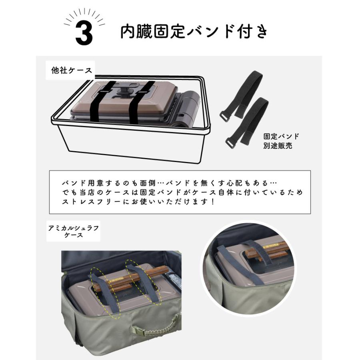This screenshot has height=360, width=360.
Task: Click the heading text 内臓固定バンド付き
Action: (x=194, y=32)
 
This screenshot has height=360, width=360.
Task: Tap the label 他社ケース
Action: (x=72, y=70)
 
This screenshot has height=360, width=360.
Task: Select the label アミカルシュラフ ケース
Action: (x=74, y=231)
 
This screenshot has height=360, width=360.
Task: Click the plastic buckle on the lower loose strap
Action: (x=231, y=143)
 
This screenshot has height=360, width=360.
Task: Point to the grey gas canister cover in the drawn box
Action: (x=188, y=108)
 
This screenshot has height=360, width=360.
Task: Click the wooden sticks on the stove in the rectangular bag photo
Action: (x=131, y=278)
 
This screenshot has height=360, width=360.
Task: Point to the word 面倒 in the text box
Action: (x=148, y=183)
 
